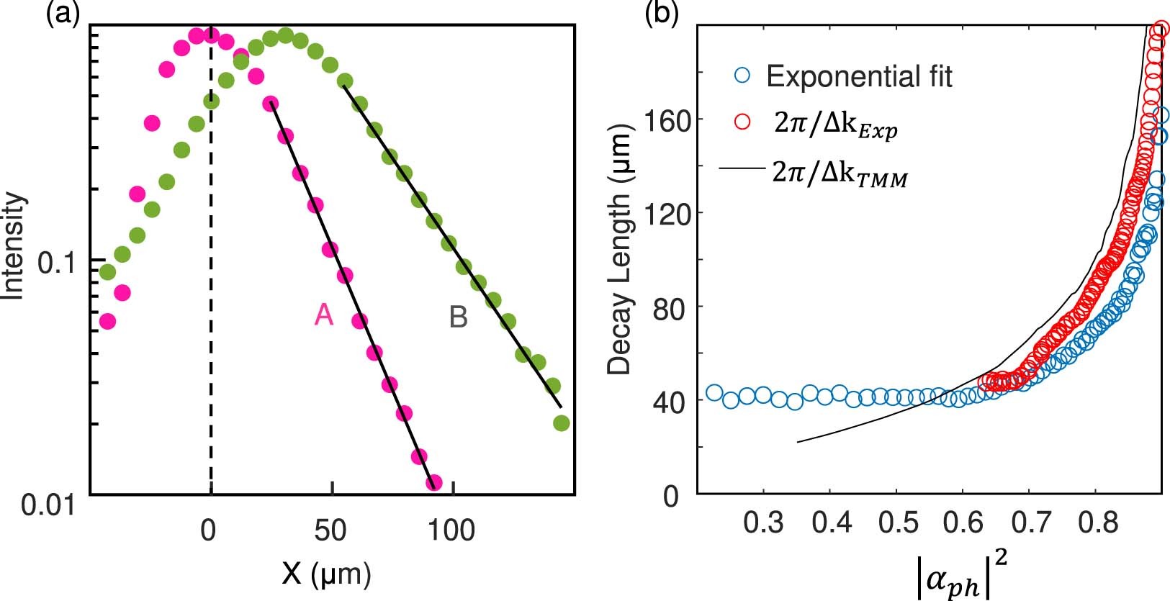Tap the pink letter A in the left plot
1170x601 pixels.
[x=324, y=315]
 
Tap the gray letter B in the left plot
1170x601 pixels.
[x=458, y=317]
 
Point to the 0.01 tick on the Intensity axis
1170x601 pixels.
[x=48, y=505]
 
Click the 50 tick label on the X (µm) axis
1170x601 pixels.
[x=330, y=531]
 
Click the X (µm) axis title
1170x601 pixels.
[x=327, y=574]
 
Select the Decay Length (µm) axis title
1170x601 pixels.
[x=618, y=249]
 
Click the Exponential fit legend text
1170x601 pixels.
[x=860, y=76]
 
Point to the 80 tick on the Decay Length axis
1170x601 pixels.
[x=669, y=307]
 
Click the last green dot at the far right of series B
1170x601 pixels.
[x=562, y=423]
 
